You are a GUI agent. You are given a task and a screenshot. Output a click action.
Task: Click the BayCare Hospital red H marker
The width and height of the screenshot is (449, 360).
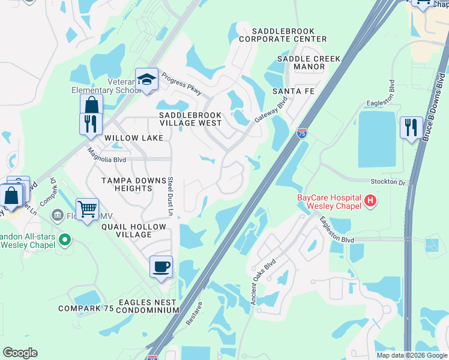point(371,200)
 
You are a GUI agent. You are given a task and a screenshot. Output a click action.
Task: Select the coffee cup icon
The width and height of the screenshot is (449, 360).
point(161,266)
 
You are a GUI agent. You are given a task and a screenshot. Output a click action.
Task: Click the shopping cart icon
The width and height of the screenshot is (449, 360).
point(87,209)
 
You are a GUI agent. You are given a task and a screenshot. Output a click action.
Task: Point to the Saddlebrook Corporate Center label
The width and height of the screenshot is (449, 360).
point(283,35)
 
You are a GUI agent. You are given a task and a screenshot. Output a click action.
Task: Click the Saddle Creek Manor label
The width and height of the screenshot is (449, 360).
point(309,63)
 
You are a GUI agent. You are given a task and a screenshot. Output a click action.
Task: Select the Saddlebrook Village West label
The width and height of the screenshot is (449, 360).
point(190,119)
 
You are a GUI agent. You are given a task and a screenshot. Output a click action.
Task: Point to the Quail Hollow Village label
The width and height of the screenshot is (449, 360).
point(133,230)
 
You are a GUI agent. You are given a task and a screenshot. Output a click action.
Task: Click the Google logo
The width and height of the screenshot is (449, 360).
point(20,353)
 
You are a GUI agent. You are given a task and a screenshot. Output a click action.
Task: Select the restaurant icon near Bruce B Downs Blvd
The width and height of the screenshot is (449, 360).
point(411,127)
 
